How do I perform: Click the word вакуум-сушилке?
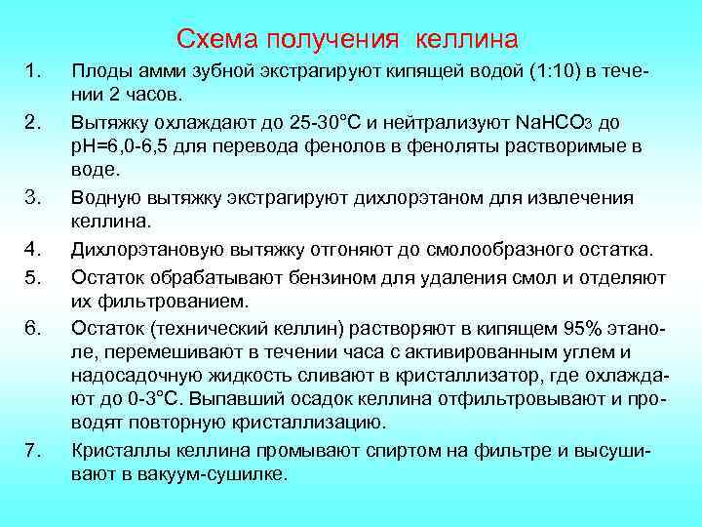click(x=220, y=474)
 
